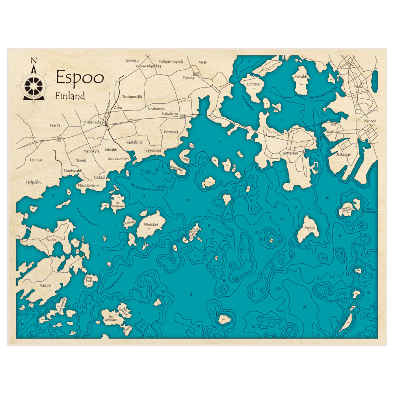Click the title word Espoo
(x=80, y=78)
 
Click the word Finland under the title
(x=70, y=96)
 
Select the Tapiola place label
(x=188, y=78)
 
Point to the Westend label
(x=171, y=132)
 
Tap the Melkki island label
(x=310, y=228)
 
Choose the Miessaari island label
(x=151, y=224)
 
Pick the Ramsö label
(x=46, y=285)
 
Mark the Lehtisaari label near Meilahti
(x=254, y=84)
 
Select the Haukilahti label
(x=134, y=142)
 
